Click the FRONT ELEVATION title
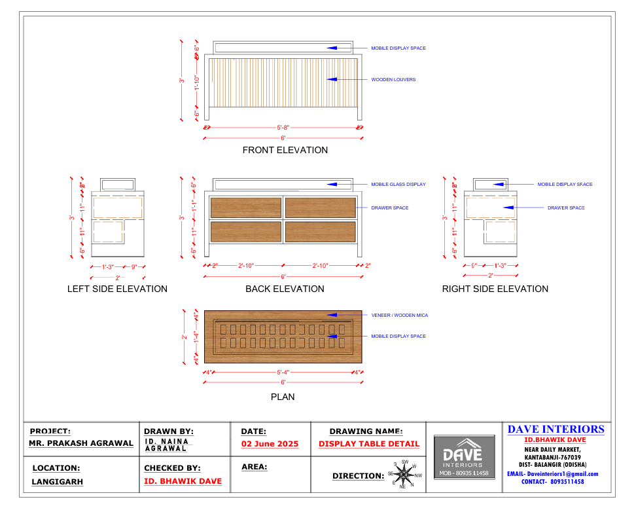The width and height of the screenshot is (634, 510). (x=285, y=150)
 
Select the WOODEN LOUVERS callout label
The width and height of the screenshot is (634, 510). (x=393, y=80)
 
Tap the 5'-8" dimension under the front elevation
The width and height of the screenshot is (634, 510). (x=283, y=128)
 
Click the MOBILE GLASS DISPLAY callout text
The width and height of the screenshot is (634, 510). (x=398, y=185)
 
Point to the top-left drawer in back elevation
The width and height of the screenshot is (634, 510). (x=246, y=207)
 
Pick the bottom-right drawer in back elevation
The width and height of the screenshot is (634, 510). (x=321, y=231)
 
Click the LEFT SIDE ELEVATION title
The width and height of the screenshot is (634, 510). (x=117, y=289)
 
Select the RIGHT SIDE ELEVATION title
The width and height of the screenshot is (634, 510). (x=495, y=289)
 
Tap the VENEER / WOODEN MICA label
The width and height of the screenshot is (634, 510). (x=399, y=316)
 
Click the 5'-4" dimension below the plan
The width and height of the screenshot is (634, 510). (x=283, y=373)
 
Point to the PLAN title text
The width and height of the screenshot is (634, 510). (x=283, y=397)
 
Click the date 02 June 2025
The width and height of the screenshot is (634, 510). (x=270, y=444)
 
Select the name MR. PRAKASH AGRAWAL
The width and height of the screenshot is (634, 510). (x=81, y=443)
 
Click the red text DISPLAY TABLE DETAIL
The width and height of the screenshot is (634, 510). (x=369, y=444)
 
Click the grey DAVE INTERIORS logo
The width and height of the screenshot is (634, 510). (x=463, y=457)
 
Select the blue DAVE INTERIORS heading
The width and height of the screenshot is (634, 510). (x=555, y=429)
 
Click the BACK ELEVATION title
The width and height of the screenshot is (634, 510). (x=285, y=289)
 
